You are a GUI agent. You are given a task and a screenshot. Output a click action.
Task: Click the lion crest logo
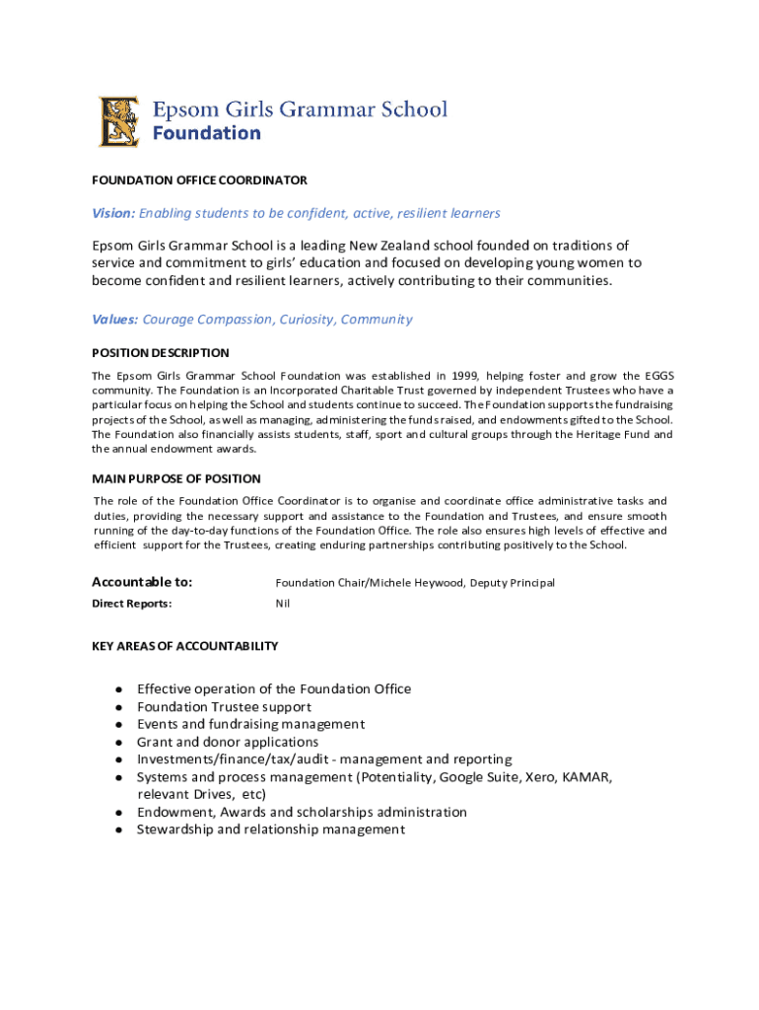[119, 121]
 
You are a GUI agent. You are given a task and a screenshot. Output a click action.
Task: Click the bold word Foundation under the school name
[207, 133]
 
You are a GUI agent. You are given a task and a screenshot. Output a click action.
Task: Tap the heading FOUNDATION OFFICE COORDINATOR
[199, 180]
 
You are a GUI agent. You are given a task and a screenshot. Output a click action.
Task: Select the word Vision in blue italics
[112, 213]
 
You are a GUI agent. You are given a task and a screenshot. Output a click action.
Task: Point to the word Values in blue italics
[114, 320]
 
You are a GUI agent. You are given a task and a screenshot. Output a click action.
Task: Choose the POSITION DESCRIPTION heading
[161, 353]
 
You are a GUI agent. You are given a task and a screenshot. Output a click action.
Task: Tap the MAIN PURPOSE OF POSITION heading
[176, 479]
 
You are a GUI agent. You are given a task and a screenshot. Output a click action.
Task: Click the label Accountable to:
[142, 582]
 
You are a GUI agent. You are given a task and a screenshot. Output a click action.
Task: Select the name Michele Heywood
[415, 583]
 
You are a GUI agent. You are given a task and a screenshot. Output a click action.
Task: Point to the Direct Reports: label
[132, 604]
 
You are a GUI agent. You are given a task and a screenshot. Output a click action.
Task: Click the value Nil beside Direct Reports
[283, 604]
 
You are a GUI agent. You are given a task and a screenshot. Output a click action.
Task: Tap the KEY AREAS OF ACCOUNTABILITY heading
[185, 646]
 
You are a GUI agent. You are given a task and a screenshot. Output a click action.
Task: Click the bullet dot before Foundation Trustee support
[118, 707]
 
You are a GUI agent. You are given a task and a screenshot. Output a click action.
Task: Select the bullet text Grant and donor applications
[228, 742]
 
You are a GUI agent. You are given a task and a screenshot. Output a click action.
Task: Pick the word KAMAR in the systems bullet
[588, 777]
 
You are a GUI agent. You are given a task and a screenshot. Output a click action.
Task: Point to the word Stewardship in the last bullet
[173, 830]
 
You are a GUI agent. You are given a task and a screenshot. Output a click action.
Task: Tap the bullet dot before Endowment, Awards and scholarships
[118, 813]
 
